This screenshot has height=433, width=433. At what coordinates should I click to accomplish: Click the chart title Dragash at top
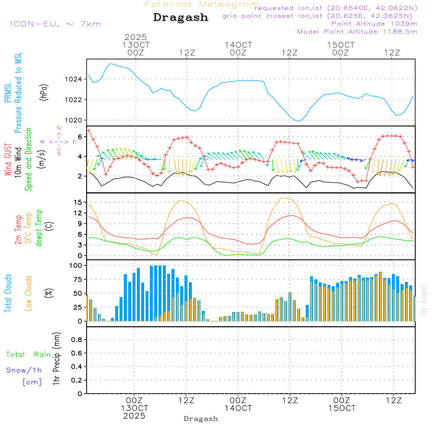coord(181,17)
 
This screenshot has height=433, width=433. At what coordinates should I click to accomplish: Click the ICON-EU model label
coord(55,24)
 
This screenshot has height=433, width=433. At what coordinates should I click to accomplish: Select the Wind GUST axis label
coord(8,160)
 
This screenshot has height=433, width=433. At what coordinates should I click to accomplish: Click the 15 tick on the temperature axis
coord(78,202)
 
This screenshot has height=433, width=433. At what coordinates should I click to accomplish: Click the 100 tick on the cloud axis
coord(76,265)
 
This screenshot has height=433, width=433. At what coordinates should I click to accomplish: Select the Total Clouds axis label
coord(8,293)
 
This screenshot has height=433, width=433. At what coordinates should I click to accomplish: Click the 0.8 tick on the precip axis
coord(76,340)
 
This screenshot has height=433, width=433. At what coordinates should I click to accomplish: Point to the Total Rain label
coord(28,355)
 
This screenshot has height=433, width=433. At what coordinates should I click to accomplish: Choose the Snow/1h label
coord(24,370)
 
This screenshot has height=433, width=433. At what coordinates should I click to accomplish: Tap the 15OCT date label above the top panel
coord(341,45)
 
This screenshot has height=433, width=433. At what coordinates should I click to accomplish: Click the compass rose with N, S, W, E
coord(58,142)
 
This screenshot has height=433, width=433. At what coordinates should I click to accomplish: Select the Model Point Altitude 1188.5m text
coord(357,32)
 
